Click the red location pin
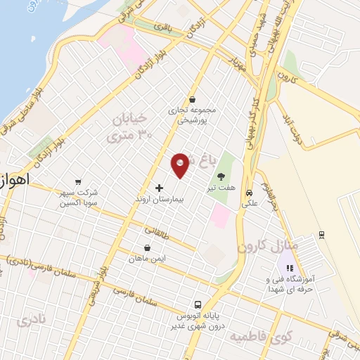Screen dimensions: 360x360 pyautogui.click(x=181, y=165)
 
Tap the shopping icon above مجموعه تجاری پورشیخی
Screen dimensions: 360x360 pyautogui.click(x=192, y=100)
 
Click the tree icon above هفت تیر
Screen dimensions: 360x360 pyautogui.click(x=222, y=176)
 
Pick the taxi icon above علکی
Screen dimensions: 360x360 pyautogui.click(x=250, y=193)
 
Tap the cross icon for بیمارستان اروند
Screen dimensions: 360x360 pyautogui.click(x=159, y=188)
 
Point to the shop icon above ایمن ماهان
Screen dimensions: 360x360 pyautogui.click(x=146, y=247)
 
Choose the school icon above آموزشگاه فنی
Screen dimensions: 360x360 pyautogui.click(x=290, y=268)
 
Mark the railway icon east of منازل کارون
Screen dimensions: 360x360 pyautogui.click(x=321, y=234)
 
